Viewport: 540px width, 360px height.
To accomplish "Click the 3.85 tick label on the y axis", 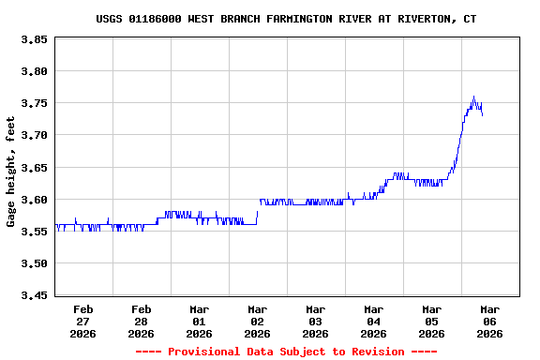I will (35, 39).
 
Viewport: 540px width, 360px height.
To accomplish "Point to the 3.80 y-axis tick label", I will (35, 71).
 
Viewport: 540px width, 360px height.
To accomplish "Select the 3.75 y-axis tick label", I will (35, 103).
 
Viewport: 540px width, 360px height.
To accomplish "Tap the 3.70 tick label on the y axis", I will (35, 136).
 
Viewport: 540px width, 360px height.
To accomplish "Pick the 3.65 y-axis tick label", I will (35, 168).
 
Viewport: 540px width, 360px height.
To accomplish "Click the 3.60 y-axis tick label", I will (35, 200).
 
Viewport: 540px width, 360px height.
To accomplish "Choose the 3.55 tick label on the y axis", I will (35, 232).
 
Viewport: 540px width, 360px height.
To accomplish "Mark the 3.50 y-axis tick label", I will (35, 263).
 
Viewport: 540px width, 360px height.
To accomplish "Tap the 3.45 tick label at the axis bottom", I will (35, 296).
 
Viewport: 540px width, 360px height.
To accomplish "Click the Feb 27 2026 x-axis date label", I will (83, 321).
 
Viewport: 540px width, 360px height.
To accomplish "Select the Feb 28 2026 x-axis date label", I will (142, 321).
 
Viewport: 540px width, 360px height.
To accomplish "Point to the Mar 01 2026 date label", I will (200, 321).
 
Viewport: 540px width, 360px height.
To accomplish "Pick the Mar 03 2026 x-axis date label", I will (316, 321).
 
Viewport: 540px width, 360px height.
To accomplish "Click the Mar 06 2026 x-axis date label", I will (489, 321).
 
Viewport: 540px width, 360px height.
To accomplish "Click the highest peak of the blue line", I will (474, 96).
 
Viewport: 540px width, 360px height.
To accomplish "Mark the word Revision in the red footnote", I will (375, 352).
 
